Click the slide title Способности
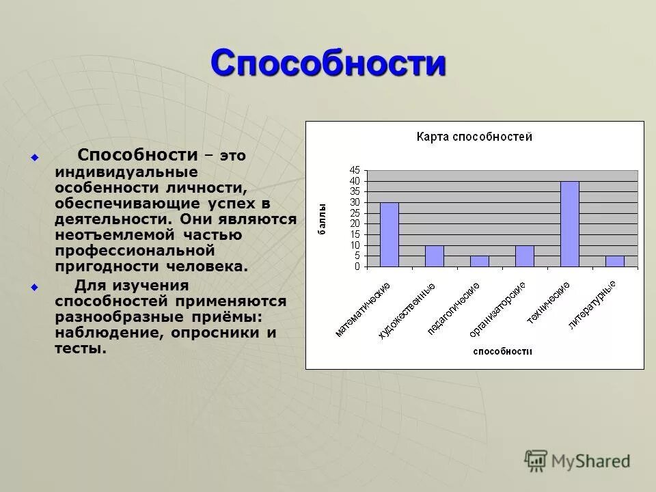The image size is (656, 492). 328,64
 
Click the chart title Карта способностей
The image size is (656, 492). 474,137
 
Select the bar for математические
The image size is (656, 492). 389,234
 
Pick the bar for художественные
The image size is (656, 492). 434,256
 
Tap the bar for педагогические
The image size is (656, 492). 479,261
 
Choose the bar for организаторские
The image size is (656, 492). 524,256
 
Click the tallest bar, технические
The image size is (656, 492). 569,223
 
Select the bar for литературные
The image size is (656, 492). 614,261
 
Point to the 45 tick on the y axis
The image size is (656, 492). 354,170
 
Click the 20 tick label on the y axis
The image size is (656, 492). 354,224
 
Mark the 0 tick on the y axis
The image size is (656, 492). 357,267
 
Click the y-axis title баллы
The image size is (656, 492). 322,219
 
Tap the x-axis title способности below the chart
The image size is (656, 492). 502,351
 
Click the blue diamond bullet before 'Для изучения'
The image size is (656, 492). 35,287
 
